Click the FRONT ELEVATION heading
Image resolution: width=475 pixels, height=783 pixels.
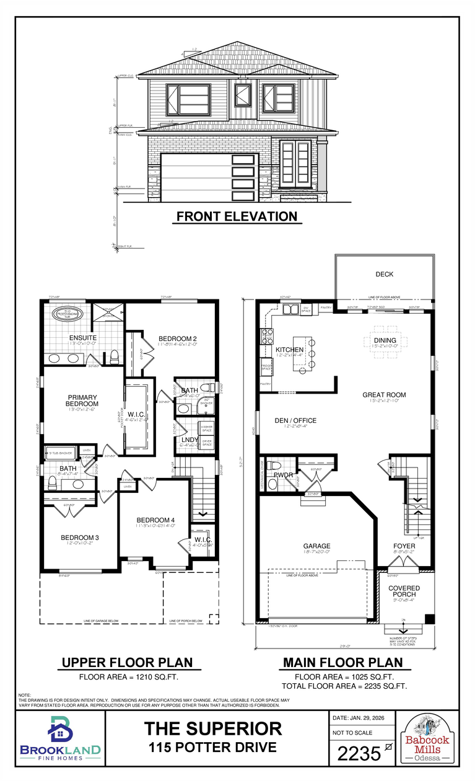pos(237,216)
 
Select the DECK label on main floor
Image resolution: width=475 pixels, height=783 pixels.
pos(384,274)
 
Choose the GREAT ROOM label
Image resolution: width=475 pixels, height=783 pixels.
pos(384,395)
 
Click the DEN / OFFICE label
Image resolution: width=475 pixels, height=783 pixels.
pos(295,420)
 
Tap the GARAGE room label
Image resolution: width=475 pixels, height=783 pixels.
pos(316,546)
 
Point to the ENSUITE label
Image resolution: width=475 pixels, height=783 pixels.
pos(82,338)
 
